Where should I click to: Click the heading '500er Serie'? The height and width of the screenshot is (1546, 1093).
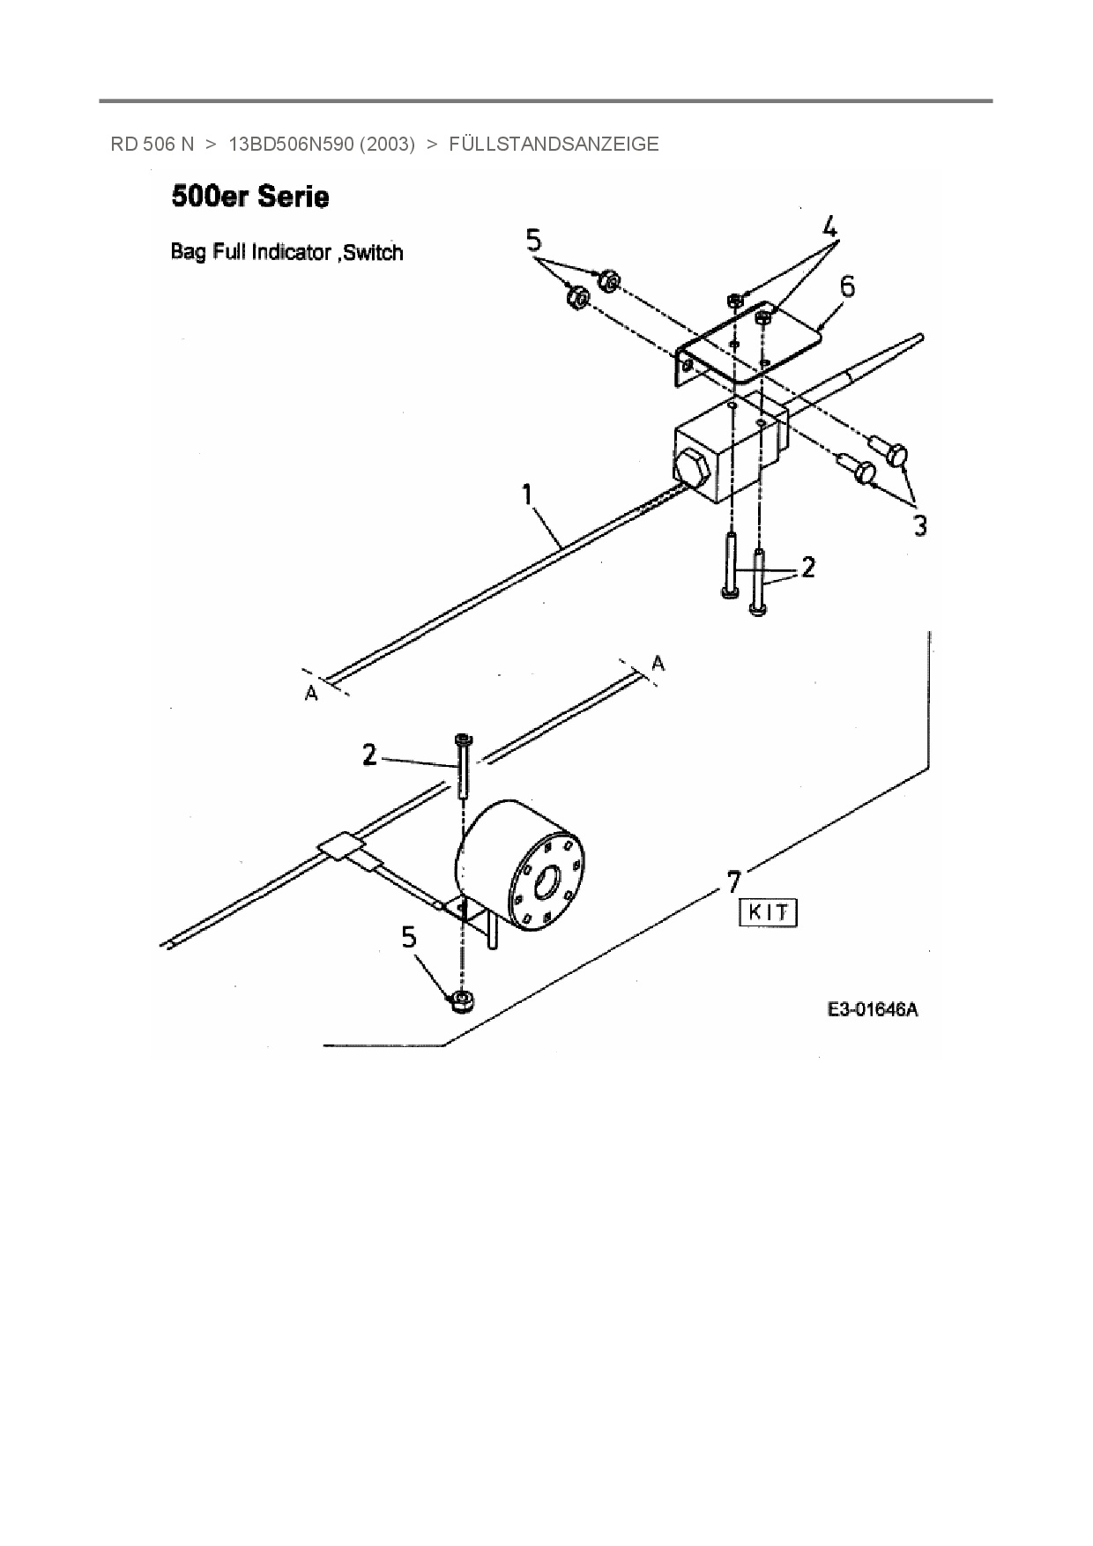point(250,197)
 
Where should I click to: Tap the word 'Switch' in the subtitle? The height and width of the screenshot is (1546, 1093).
point(373,253)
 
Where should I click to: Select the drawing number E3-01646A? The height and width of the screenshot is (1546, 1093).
point(872,1010)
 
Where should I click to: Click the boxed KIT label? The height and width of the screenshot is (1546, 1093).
point(768,912)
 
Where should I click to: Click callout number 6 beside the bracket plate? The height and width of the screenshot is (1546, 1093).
point(846,286)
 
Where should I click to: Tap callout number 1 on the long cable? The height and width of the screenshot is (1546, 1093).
point(527,494)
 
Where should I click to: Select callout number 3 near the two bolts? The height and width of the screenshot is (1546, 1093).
point(919,526)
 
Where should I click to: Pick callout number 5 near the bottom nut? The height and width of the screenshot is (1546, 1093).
point(409,938)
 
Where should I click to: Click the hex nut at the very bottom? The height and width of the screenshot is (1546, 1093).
point(461,1000)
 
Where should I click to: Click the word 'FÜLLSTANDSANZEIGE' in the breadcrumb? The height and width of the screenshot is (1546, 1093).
point(554,145)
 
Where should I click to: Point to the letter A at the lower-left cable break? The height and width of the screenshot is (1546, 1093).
point(311,694)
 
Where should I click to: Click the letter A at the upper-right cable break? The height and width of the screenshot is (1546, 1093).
point(658,662)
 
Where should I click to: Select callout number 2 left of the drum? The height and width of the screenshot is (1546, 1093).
point(369,754)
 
